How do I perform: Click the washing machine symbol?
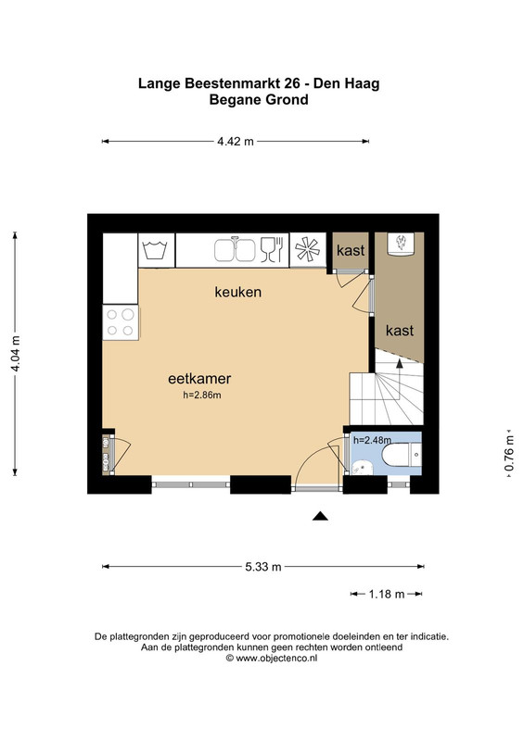155,250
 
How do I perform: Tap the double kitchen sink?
235,249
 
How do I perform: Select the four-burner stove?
121,322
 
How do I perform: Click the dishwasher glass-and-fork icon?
272,249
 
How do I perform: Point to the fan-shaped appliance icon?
307,249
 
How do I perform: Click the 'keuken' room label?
238,292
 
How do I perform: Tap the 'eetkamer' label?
199,379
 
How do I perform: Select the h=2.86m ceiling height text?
202,396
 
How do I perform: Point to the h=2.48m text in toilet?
373,441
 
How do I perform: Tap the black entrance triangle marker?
320,516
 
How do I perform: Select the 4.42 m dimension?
236,142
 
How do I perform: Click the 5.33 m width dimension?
263,567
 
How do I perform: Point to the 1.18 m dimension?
387,594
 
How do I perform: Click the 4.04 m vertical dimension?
15,354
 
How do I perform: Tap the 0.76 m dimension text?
509,453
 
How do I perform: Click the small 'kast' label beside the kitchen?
351,250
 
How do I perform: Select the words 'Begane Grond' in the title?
259,100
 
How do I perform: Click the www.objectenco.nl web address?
276,658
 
